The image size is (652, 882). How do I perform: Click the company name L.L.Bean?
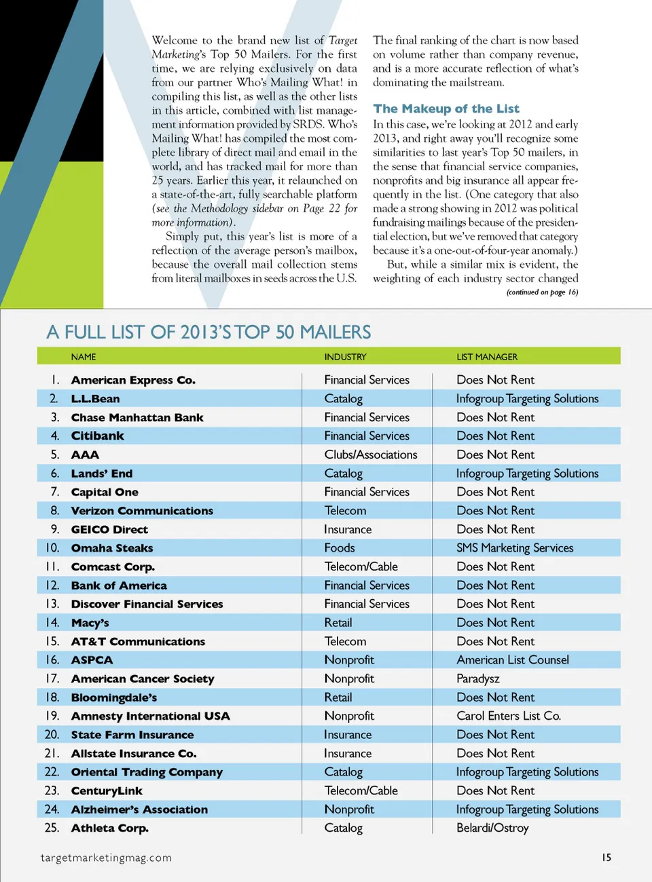(x=95, y=399)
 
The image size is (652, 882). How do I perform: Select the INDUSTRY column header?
(x=345, y=357)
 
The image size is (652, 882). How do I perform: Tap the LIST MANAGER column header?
(x=487, y=357)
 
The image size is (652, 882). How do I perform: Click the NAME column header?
(x=84, y=357)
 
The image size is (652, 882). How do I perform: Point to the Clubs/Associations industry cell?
(x=371, y=455)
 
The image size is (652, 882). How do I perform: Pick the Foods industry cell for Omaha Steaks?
(x=340, y=548)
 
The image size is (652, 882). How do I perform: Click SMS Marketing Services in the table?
(x=515, y=548)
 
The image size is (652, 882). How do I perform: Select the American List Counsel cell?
(x=513, y=659)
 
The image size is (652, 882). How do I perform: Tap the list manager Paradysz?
(x=478, y=678)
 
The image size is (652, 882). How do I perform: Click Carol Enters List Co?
(x=509, y=716)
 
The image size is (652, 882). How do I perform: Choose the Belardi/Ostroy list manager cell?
(x=492, y=828)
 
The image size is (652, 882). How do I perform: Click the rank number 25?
(x=52, y=828)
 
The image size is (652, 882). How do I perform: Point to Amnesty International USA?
(x=150, y=716)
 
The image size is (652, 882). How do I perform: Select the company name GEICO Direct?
(x=109, y=529)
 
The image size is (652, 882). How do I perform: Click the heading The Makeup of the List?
(x=446, y=109)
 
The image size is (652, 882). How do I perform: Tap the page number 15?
(x=606, y=858)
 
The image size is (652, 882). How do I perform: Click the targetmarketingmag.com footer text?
(x=106, y=858)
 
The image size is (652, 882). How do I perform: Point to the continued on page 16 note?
(x=542, y=292)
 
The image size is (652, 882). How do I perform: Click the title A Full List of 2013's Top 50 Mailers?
(x=209, y=332)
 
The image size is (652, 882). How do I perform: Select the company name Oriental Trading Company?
(x=147, y=772)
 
